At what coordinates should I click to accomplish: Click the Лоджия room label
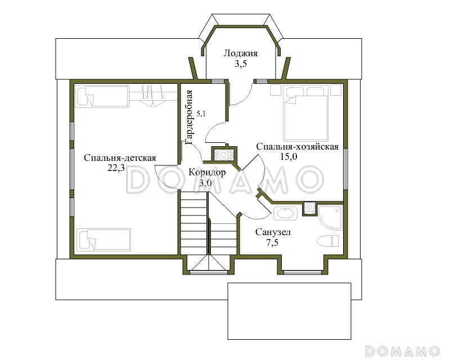click(241, 53)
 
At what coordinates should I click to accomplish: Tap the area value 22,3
click(116, 168)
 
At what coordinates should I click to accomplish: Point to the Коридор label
click(207, 172)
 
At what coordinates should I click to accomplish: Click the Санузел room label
click(273, 232)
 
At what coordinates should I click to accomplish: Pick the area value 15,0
click(289, 156)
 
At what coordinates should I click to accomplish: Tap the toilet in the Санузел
click(328, 241)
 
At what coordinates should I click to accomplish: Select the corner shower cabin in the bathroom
click(330, 217)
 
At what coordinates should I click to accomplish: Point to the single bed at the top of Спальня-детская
click(102, 96)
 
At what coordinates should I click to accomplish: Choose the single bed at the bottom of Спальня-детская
click(104, 240)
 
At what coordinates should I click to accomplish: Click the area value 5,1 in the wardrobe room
click(201, 114)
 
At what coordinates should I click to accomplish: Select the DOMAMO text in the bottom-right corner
click(402, 351)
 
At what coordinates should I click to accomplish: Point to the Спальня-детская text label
click(120, 158)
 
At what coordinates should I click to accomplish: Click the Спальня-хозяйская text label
click(298, 146)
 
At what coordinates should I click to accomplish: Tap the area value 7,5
click(272, 242)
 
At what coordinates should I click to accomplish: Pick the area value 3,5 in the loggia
click(241, 64)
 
